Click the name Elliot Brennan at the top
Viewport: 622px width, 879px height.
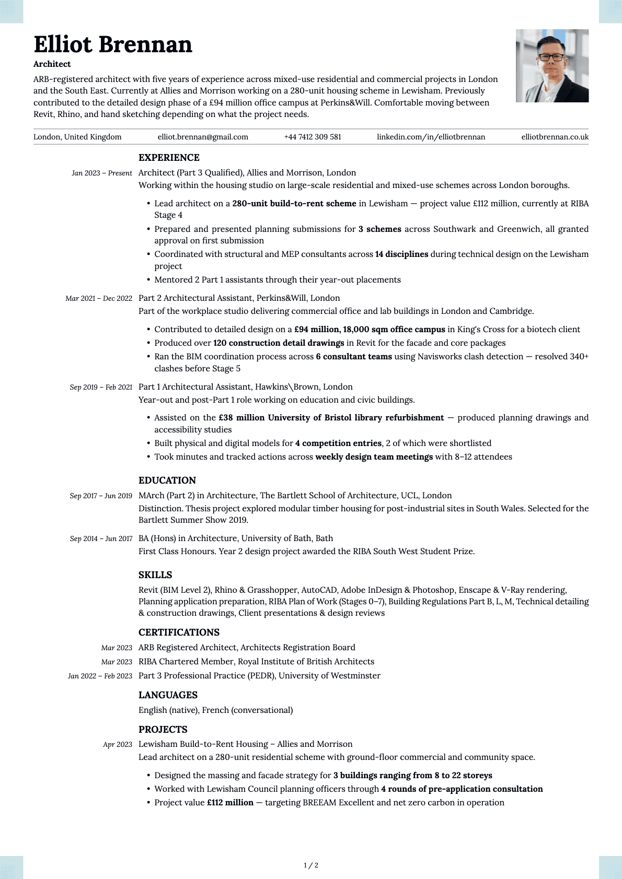[x=113, y=45]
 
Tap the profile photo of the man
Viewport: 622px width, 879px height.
[x=552, y=66]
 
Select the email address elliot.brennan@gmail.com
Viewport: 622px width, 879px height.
[x=203, y=137]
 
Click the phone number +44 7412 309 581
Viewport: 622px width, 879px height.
[x=313, y=137]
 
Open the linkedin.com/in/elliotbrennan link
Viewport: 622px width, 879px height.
[x=431, y=137]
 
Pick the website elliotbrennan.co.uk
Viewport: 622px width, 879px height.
[x=555, y=137]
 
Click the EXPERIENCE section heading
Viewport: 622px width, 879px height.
[x=169, y=158]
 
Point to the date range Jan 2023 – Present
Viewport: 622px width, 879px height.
[x=102, y=173]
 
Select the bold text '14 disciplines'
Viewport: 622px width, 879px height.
[x=401, y=254]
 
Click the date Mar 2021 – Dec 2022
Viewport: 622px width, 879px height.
[x=99, y=298]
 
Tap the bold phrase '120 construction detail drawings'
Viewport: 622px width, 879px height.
[x=279, y=343]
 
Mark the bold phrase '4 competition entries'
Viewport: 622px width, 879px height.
[x=338, y=443]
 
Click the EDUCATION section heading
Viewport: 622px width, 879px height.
[x=167, y=480]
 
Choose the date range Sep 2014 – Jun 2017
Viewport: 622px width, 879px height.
[x=101, y=538]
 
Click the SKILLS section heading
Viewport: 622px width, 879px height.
[x=155, y=575]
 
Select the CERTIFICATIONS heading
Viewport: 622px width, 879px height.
[x=179, y=632]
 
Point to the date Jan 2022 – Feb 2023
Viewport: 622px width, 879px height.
[x=100, y=676]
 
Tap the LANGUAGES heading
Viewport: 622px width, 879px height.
[x=168, y=695]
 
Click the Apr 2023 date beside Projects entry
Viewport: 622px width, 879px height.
[x=118, y=744]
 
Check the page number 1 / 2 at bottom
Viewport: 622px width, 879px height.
[x=311, y=865]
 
